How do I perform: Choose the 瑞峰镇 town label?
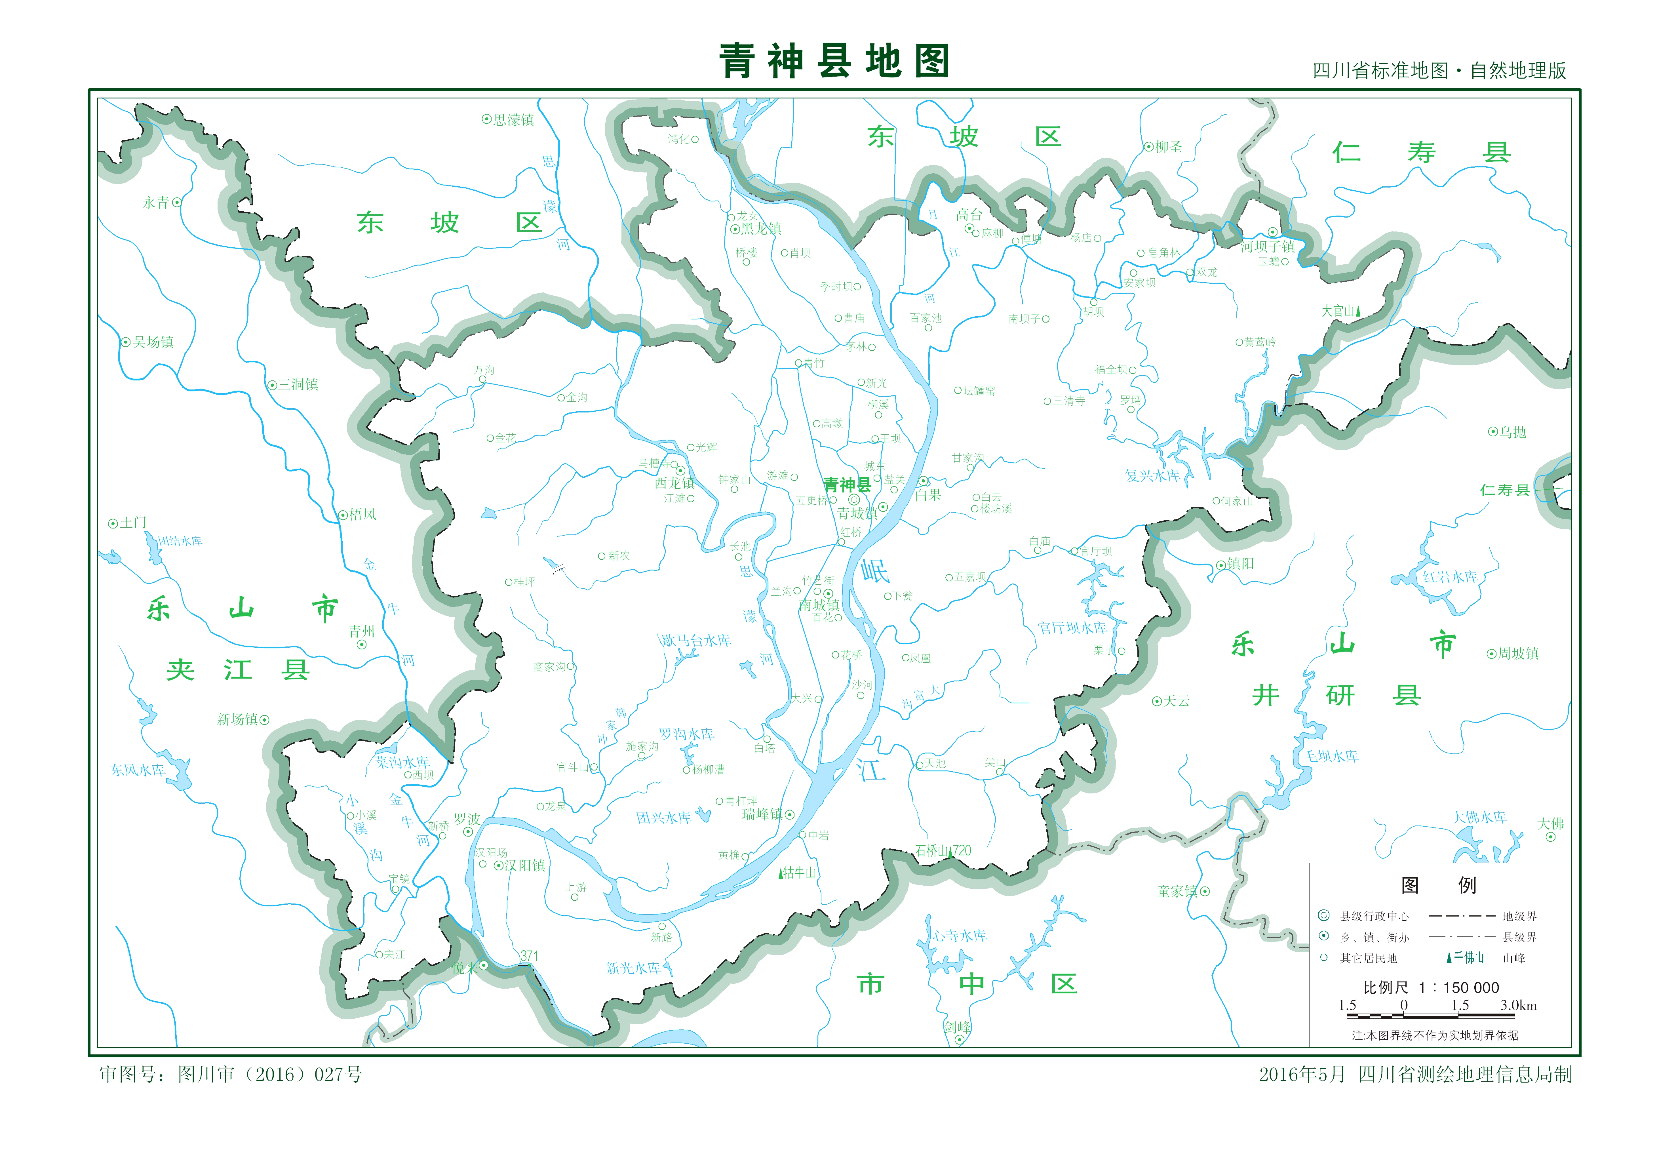[762, 814]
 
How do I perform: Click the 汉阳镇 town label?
[524, 865]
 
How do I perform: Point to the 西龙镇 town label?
[674, 483]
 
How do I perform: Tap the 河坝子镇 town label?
[1267, 247]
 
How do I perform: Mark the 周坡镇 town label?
[1517, 653]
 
